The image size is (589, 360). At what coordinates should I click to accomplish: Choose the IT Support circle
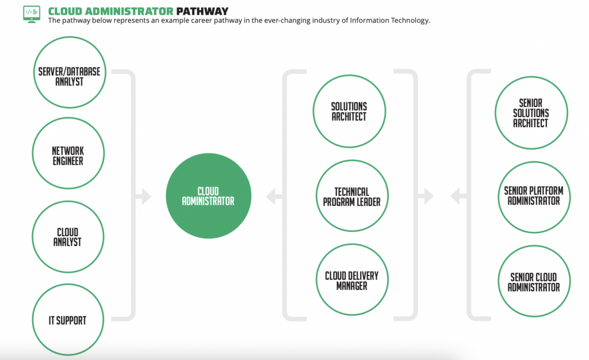(x=68, y=320)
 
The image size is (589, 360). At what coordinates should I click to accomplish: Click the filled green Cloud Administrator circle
(x=208, y=196)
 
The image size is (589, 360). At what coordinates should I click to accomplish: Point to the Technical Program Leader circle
(x=351, y=196)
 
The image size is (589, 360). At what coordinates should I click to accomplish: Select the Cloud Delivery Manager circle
(x=351, y=280)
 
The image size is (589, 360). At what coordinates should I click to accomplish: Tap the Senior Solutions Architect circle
(x=531, y=113)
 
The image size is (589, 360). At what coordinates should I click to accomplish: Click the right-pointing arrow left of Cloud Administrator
(x=144, y=197)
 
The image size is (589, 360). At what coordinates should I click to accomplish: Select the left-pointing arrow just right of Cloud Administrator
(x=273, y=197)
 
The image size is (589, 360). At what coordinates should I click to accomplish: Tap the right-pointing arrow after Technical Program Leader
(x=426, y=197)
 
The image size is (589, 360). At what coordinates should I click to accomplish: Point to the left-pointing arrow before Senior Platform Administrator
(x=458, y=197)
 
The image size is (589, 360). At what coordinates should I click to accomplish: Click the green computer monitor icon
(x=32, y=13)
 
